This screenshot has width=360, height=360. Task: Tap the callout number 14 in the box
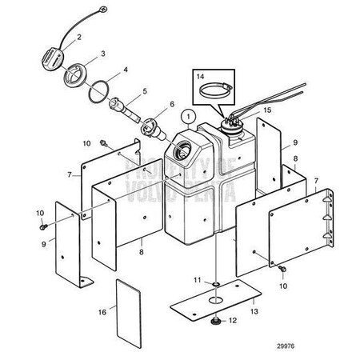point(200,77)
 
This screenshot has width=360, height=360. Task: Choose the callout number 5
point(145,90)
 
